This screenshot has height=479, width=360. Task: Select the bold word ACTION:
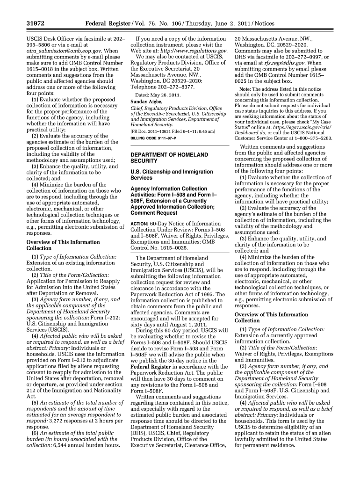pos(139,224)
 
